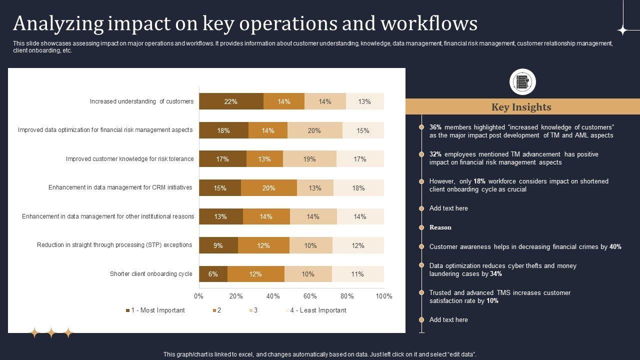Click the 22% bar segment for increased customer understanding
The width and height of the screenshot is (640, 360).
click(231, 101)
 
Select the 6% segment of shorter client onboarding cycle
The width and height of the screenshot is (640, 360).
click(213, 274)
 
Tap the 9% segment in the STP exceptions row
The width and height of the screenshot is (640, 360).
click(218, 245)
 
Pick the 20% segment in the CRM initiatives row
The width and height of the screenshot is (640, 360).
click(268, 188)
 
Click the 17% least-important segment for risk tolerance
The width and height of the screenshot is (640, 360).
click(360, 159)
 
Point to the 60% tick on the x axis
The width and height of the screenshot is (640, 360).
click(310, 296)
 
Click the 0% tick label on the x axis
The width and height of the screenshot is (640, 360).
click(198, 296)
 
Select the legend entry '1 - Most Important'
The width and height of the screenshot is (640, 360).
click(155, 310)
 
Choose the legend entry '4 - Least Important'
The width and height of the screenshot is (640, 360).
click(317, 310)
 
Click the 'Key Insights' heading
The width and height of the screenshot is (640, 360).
click(521, 107)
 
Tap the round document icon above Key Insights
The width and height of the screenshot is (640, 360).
click(522, 82)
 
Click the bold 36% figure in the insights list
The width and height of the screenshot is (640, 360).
click(435, 127)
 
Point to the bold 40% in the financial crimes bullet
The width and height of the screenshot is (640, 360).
click(615, 247)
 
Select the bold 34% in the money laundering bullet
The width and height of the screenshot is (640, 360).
click(496, 274)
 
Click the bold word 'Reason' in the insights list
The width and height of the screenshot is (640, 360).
click(440, 227)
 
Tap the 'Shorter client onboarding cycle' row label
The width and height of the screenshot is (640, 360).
click(151, 274)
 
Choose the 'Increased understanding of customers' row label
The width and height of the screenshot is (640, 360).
click(141, 101)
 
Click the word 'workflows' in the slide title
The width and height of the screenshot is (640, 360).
click(429, 23)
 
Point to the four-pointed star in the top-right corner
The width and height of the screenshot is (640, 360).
click(622, 30)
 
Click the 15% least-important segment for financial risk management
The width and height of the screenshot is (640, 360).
click(363, 130)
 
